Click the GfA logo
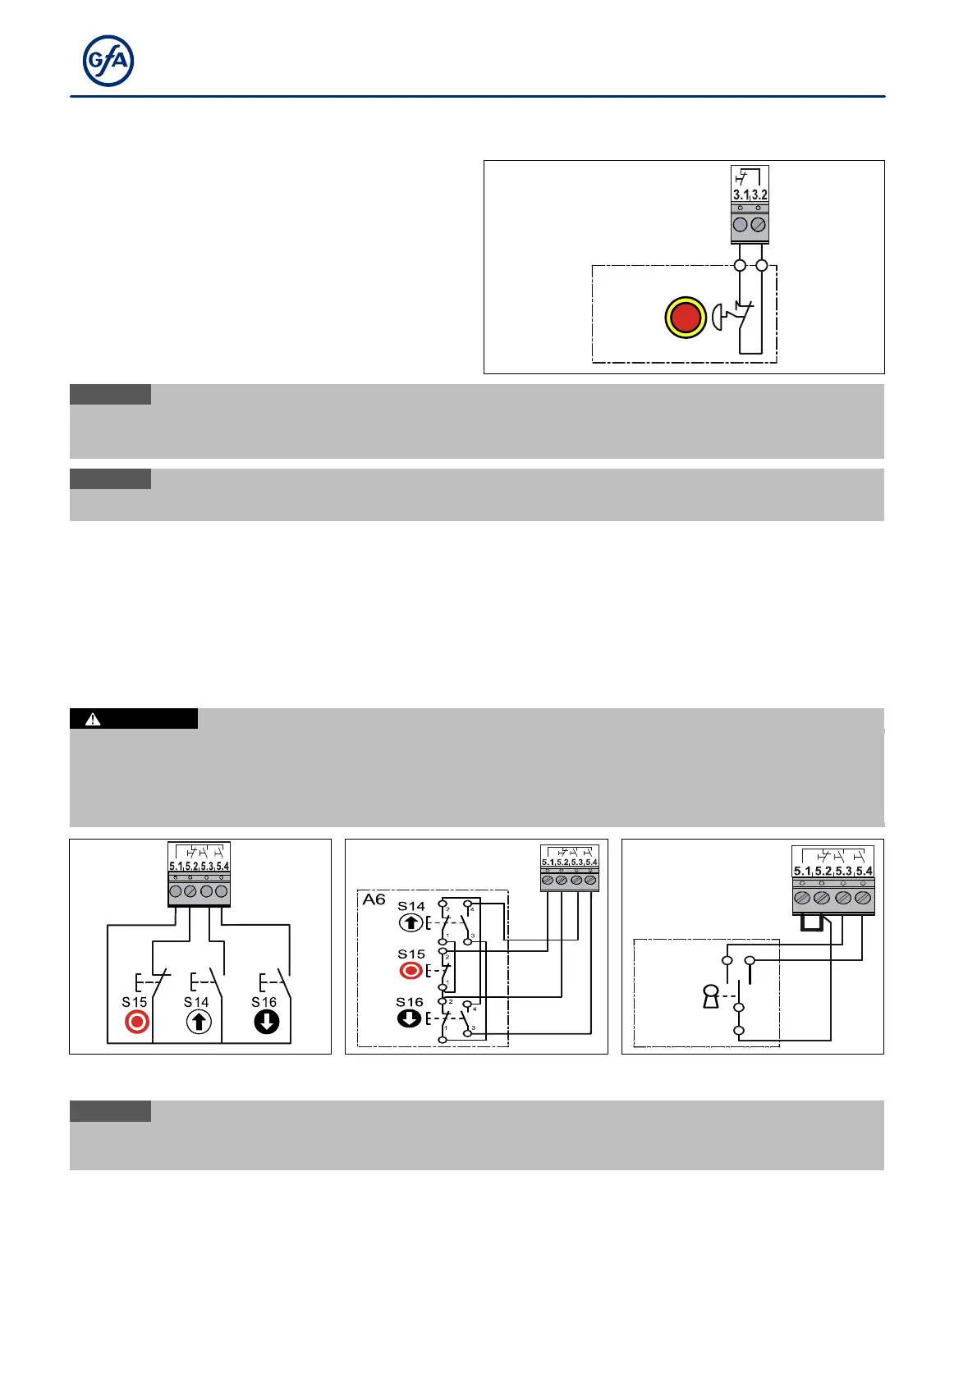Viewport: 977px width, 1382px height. point(108,62)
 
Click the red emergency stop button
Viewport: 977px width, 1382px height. point(686,318)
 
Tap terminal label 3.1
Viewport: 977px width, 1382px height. point(741,195)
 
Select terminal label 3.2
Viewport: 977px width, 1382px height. point(759,195)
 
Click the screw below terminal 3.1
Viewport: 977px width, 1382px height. point(741,225)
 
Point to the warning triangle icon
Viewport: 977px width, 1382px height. point(93,719)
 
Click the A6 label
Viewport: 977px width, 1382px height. point(374,900)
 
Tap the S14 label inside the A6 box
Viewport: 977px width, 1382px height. point(411,907)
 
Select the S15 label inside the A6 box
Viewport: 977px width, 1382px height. point(411,954)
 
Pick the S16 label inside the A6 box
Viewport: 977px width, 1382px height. point(410,1002)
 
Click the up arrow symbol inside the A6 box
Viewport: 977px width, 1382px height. point(411,923)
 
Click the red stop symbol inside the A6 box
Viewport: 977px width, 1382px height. point(411,971)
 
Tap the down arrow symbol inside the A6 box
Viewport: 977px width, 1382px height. point(409,1018)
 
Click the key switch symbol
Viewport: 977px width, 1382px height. point(711,997)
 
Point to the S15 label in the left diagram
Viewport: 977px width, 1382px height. point(135,1002)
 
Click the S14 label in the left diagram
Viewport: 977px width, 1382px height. point(196,1002)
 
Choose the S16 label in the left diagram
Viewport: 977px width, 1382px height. point(264,1002)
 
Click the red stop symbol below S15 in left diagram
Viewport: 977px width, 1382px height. point(137,1023)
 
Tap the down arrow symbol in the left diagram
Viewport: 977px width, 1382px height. point(267,1023)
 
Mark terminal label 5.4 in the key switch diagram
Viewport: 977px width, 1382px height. point(864,872)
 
